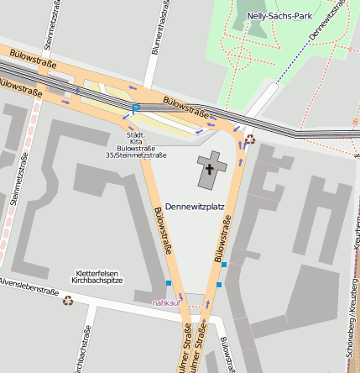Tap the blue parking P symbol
pos(135,108)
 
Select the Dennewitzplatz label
pos(195,206)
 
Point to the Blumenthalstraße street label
pos(155,29)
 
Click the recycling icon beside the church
pos(249,139)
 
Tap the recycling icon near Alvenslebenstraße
pos(68,299)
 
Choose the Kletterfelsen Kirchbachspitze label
pos(99,276)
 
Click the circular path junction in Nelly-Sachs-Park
pos(239,58)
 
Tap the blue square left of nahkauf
pos(169,282)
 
